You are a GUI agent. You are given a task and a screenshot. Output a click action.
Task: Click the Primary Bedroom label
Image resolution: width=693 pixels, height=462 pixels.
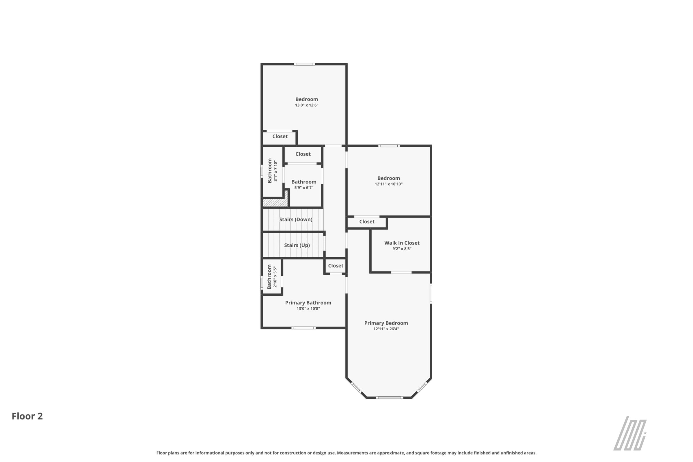[x=386, y=323]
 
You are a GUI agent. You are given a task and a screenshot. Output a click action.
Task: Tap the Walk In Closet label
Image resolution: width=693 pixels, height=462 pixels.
[x=402, y=243]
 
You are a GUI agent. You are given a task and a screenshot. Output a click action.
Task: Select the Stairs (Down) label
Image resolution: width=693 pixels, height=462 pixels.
[x=296, y=219]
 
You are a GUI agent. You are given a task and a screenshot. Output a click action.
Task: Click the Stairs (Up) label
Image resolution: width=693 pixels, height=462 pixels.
[x=297, y=245]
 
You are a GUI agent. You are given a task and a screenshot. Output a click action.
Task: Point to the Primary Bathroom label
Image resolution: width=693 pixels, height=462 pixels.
[x=308, y=303]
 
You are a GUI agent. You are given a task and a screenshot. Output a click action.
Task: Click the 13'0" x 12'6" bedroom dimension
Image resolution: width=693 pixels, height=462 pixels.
[x=307, y=105]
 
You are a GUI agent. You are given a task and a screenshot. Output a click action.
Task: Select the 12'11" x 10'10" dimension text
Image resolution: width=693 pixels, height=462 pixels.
[x=389, y=184]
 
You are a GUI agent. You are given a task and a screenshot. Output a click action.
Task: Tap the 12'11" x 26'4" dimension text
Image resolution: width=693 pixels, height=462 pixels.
[x=386, y=329]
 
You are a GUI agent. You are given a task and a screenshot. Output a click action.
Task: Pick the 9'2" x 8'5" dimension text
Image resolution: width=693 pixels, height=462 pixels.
[x=402, y=249]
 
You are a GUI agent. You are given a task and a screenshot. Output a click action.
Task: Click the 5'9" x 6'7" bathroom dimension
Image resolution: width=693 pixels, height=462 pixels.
[x=304, y=188]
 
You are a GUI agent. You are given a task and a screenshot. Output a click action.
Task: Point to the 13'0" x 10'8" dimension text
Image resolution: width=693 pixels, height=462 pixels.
[x=308, y=308]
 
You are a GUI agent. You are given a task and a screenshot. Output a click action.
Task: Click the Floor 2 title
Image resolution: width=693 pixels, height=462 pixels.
[x=27, y=416]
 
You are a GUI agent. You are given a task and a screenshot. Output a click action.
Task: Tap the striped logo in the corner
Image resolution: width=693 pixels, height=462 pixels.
[x=630, y=433]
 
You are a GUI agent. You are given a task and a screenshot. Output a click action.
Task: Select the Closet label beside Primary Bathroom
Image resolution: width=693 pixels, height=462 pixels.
[x=336, y=266]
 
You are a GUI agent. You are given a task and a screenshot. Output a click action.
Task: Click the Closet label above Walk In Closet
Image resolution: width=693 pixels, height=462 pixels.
[x=367, y=221]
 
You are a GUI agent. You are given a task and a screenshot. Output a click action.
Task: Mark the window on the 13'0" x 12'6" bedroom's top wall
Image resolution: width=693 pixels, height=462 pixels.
[x=304, y=64]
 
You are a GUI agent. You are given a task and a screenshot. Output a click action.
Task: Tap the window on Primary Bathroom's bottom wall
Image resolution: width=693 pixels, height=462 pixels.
[x=303, y=328]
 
